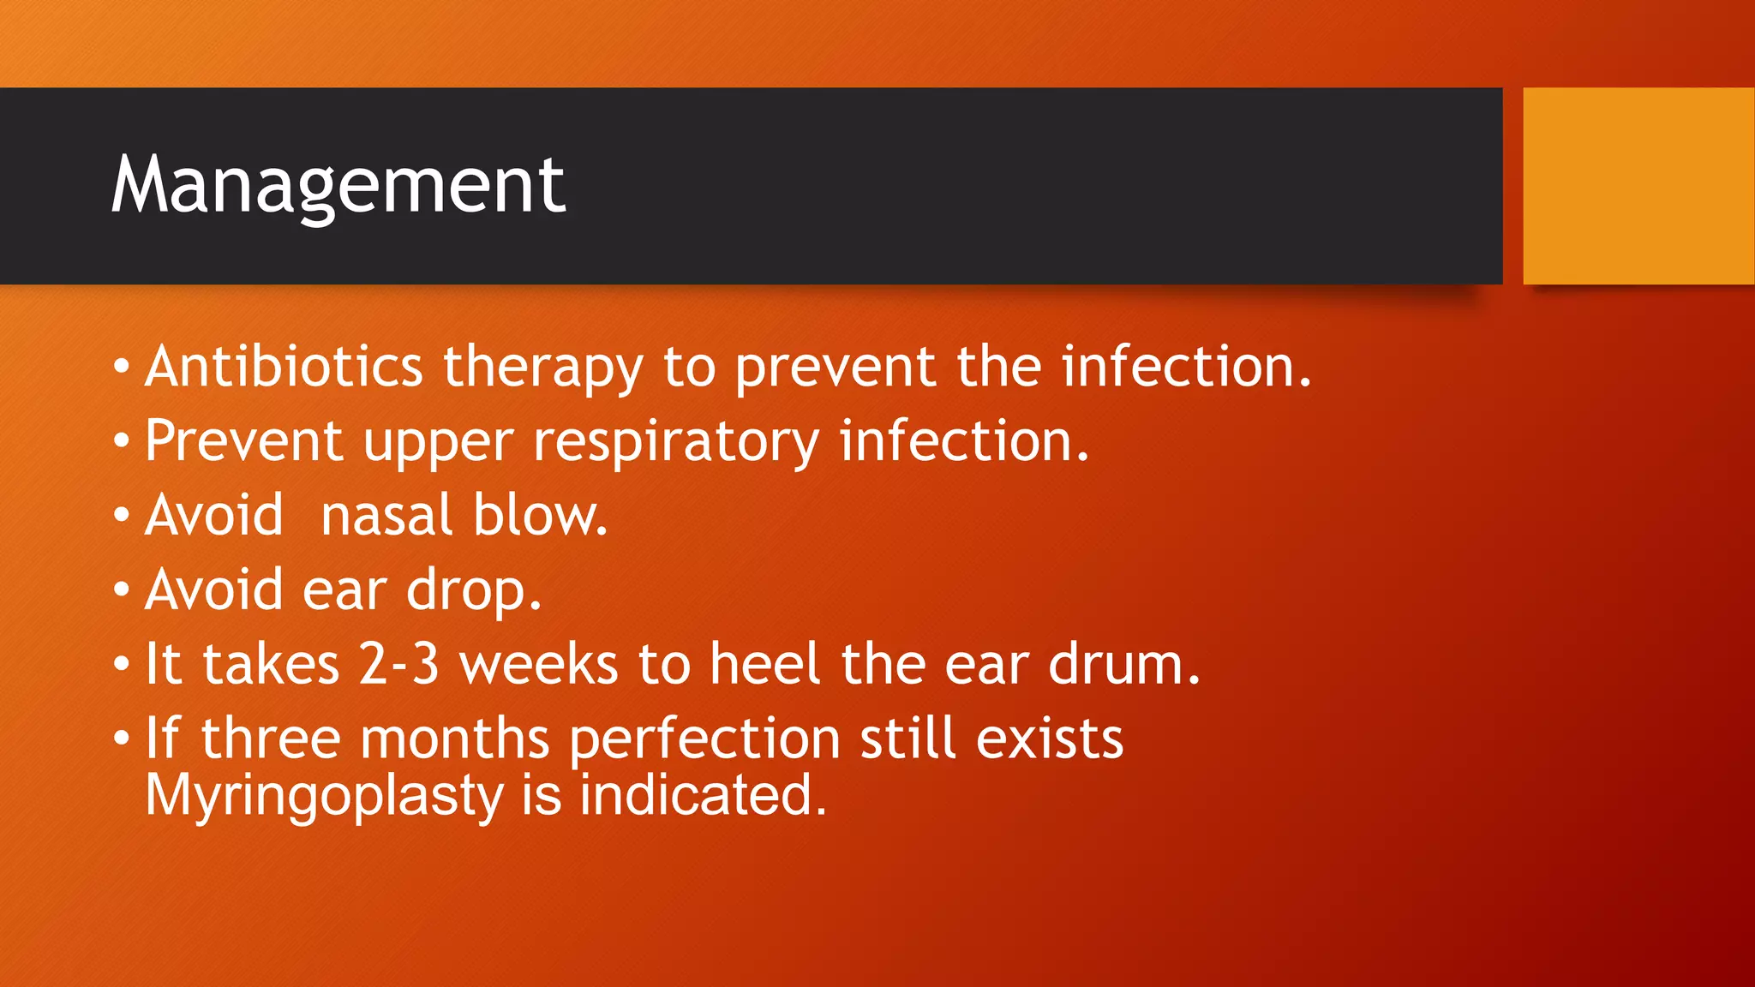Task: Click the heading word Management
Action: click(x=338, y=186)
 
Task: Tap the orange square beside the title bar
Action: click(x=1638, y=186)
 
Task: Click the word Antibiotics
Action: click(x=284, y=367)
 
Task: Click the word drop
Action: click(x=473, y=591)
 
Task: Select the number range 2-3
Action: click(x=398, y=664)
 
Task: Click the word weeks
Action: click(x=539, y=664)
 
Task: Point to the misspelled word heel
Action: click(x=765, y=664)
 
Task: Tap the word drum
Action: click(x=1123, y=664)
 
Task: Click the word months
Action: click(x=454, y=739)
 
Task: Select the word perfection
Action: click(x=704, y=739)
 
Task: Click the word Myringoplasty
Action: click(x=324, y=796)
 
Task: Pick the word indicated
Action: click(x=702, y=794)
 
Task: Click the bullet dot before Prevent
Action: click(x=122, y=441)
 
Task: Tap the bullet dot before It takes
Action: click(x=122, y=664)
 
